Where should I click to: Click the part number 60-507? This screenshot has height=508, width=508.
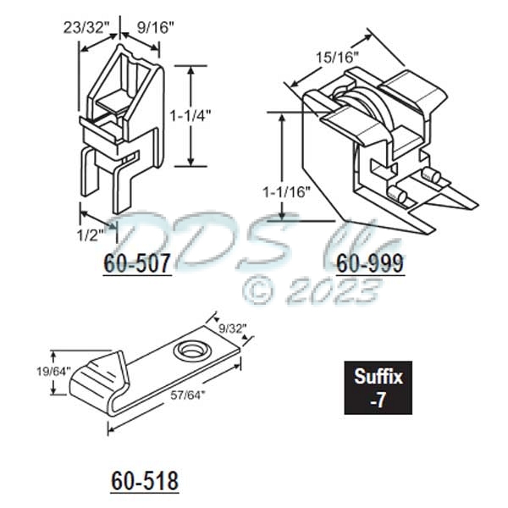point(139,263)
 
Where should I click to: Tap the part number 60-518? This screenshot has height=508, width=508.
point(145,481)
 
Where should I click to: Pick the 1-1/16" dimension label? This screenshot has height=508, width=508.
point(282,191)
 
